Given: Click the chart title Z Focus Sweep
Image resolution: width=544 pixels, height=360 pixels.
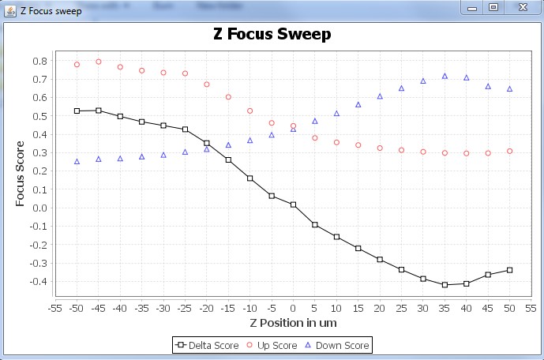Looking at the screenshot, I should (x=272, y=35).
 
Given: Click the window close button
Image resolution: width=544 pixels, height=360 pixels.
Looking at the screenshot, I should (x=522, y=7).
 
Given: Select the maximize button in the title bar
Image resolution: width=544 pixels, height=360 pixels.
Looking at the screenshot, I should (x=494, y=7).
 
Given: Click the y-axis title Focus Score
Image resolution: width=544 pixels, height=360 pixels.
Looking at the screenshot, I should (x=21, y=174).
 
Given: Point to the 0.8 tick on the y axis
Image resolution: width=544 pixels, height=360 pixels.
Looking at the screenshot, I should (x=39, y=61).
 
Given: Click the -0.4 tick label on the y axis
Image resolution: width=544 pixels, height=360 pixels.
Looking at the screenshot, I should (x=37, y=282).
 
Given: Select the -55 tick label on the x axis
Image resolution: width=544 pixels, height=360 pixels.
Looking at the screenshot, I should (x=55, y=309).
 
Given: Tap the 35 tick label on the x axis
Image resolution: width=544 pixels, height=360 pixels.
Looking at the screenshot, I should (x=445, y=309).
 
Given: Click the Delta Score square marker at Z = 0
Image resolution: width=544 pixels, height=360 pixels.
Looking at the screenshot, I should (x=293, y=204).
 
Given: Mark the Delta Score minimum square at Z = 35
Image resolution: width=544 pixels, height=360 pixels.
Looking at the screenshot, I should (x=445, y=285).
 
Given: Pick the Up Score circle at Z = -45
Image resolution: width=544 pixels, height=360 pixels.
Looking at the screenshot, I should (x=99, y=62).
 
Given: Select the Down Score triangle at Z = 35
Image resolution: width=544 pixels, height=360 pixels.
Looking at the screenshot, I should (x=445, y=76).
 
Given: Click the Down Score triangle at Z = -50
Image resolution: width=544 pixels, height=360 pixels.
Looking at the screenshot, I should (x=77, y=161).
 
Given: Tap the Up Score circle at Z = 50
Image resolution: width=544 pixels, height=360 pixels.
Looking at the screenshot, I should (x=509, y=151).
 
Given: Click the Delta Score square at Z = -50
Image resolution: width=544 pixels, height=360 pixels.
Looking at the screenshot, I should (x=77, y=111).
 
